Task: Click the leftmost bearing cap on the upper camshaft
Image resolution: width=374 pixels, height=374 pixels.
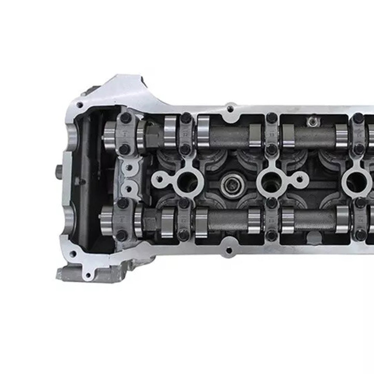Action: pyautogui.click(x=125, y=134)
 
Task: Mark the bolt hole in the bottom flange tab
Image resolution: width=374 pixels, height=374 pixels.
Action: pyautogui.click(x=229, y=251)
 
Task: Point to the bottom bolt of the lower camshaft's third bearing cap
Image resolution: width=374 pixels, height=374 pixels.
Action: pyautogui.click(x=271, y=235)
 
